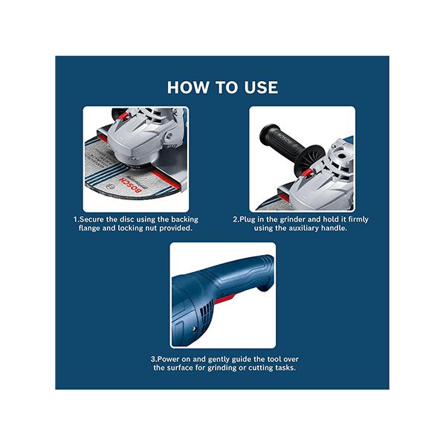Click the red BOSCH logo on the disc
(130, 185)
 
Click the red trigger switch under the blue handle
(224, 300)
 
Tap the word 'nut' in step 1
(151, 228)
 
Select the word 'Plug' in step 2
(248, 219)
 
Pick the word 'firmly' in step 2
(358, 219)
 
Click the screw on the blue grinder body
(194, 329)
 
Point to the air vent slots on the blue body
(206, 313)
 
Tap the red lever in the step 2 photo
(307, 172)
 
